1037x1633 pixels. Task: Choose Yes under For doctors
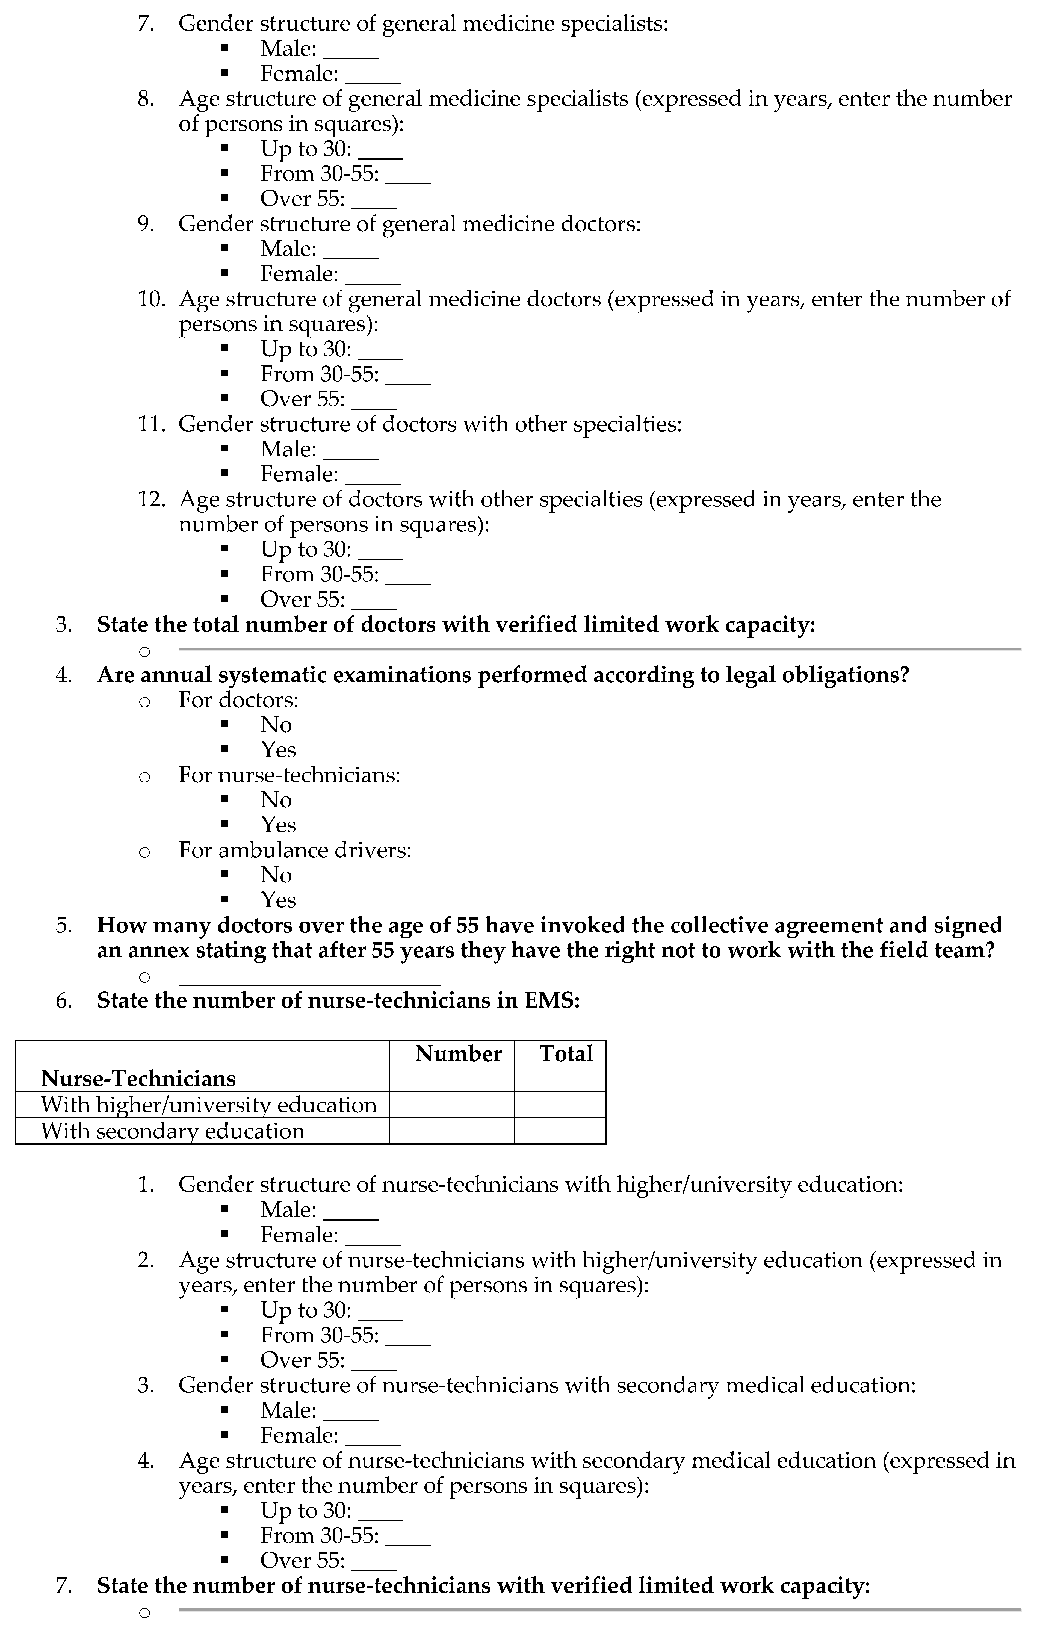(x=278, y=750)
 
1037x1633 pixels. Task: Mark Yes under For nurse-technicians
(x=278, y=825)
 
